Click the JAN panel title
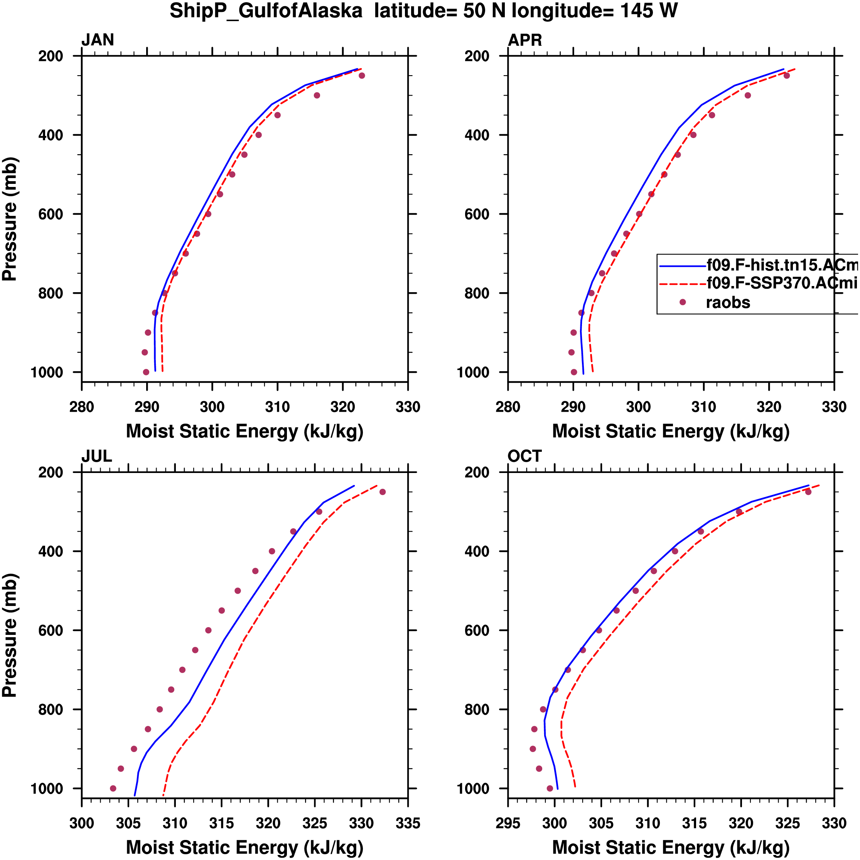(x=98, y=40)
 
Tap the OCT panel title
(x=524, y=456)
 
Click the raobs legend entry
(x=728, y=303)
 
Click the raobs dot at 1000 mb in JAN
(x=146, y=372)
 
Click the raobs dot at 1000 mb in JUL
(x=113, y=788)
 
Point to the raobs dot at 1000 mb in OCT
(x=550, y=788)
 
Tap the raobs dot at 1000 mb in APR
(x=573, y=372)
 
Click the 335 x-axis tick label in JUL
(x=408, y=823)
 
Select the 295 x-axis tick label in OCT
(x=508, y=823)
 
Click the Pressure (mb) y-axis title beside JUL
(x=10, y=635)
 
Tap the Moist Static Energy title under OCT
(x=671, y=847)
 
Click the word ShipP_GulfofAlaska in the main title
(x=266, y=11)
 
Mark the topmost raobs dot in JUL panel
(x=382, y=492)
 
